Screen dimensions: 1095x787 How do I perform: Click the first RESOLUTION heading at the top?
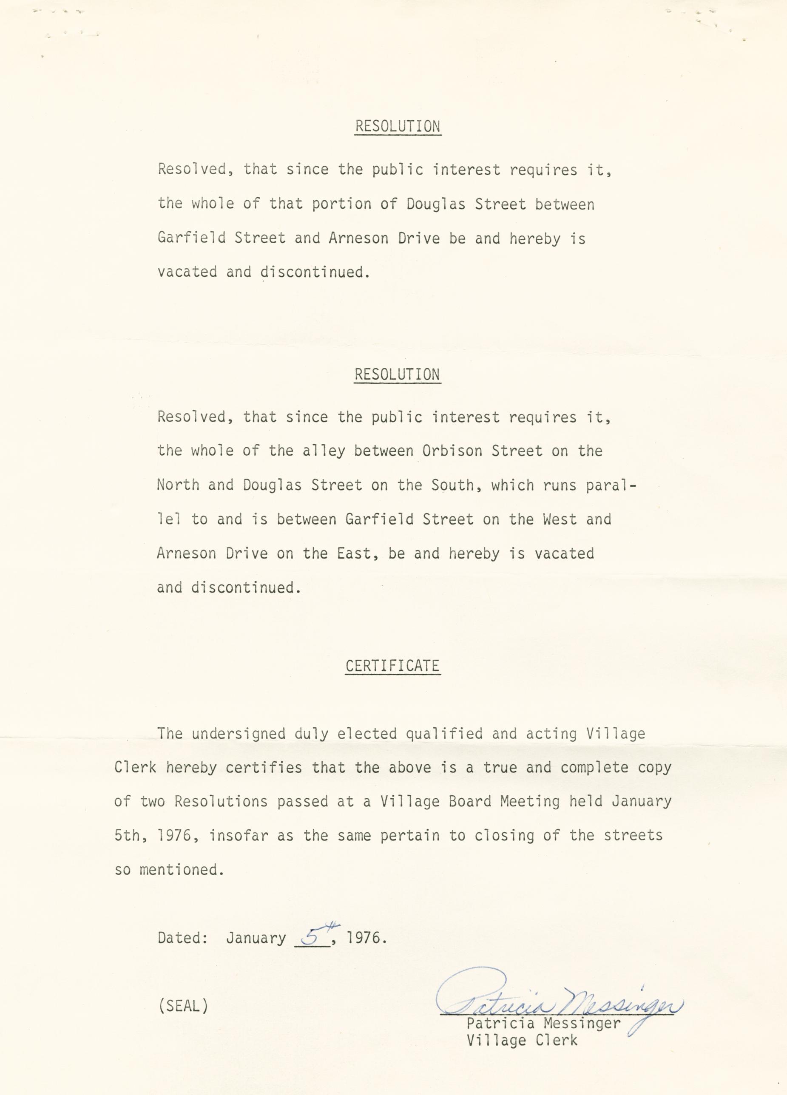398,127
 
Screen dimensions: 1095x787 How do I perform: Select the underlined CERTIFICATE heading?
392,666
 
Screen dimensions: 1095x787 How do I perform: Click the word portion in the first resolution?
341,204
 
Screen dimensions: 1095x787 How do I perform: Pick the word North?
178,485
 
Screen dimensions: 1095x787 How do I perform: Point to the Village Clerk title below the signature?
521,1039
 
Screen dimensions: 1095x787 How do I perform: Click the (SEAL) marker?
182,1006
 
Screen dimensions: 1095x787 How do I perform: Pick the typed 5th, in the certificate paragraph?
128,836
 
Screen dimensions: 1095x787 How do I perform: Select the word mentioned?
182,870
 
